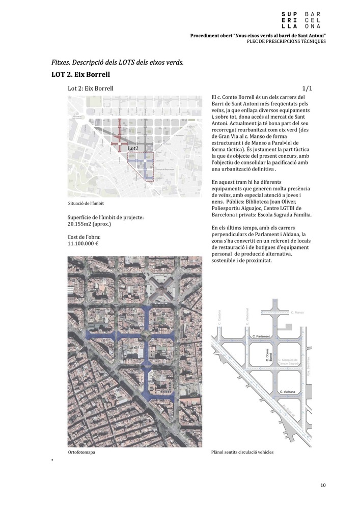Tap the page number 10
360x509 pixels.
pos(323,485)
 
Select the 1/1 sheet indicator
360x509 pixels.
pos(307,88)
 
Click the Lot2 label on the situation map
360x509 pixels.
pos(134,148)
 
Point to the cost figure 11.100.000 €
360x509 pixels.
pos(83,244)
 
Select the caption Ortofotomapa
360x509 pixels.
pos(81,452)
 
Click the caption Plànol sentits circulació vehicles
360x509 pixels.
pos(242,452)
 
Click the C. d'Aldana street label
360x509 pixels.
pos(288,391)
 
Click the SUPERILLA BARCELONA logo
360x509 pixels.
pos(304,19)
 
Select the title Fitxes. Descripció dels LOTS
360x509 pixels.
pos(118,63)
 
